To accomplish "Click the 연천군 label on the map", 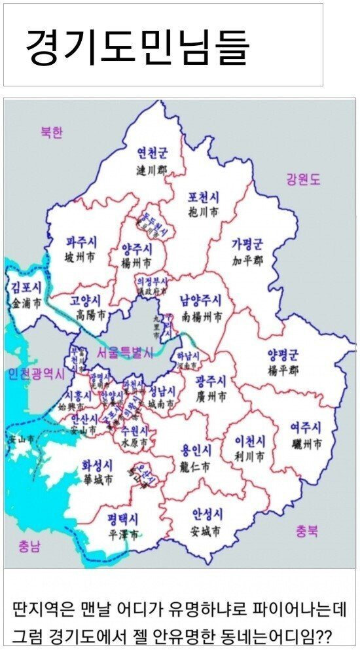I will pos(151,153).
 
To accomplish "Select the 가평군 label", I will pos(246,244).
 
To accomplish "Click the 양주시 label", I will pos(136,249).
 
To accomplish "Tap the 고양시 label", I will pos(85,300).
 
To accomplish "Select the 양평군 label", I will pos(282,355).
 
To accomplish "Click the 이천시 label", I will pos(250,440).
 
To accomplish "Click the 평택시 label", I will pos(123,518).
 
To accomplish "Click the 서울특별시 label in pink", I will pos(124,352).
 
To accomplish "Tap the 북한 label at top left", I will pos(51,133).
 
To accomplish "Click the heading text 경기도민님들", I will pos(137,46).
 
